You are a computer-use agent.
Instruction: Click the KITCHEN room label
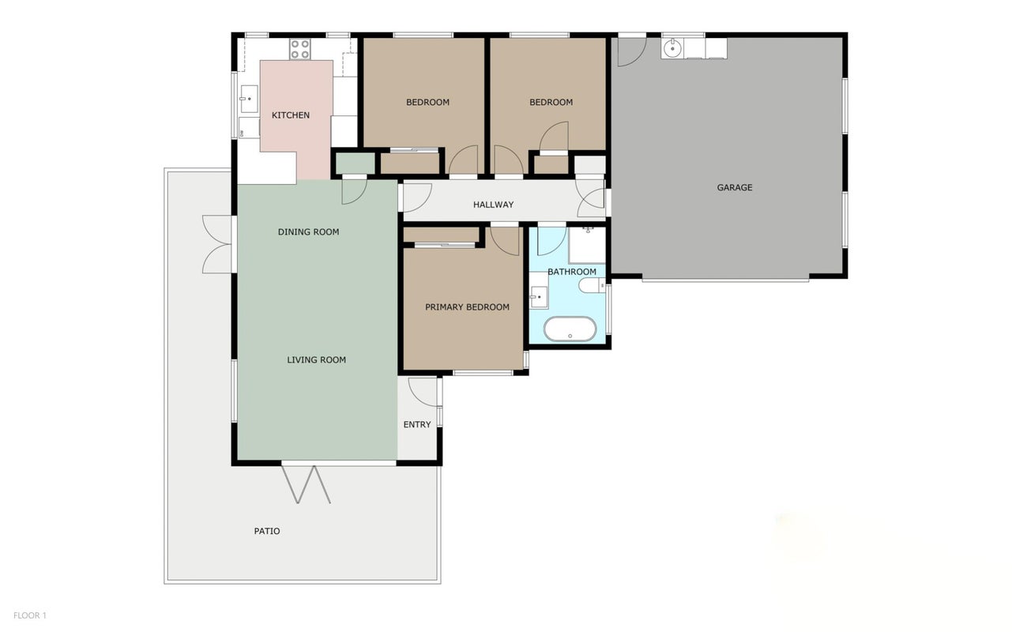[x=291, y=115]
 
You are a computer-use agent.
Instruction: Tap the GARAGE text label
[x=735, y=187]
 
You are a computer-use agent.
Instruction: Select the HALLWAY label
[x=493, y=205]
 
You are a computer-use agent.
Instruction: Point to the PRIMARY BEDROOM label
[x=467, y=307]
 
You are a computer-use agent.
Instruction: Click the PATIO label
[x=267, y=531]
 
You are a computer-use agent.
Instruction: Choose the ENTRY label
[x=417, y=425]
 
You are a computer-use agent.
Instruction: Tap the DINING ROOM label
[x=309, y=232]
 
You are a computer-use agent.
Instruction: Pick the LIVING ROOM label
[x=317, y=360]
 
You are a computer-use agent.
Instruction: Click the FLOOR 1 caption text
[x=30, y=615]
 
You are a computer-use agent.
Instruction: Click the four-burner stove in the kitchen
[x=300, y=49]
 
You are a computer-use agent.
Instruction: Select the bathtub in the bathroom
[x=570, y=329]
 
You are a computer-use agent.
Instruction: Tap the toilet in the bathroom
[x=592, y=285]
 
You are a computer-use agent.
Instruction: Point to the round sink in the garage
[x=673, y=48]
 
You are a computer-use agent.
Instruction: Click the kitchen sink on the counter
[x=249, y=99]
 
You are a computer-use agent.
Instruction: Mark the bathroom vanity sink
[x=539, y=297]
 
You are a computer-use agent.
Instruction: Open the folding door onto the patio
[x=307, y=485]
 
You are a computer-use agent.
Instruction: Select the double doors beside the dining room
[x=216, y=244]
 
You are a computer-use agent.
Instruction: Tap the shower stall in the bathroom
[x=587, y=245]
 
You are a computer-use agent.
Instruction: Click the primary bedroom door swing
[x=505, y=241]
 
